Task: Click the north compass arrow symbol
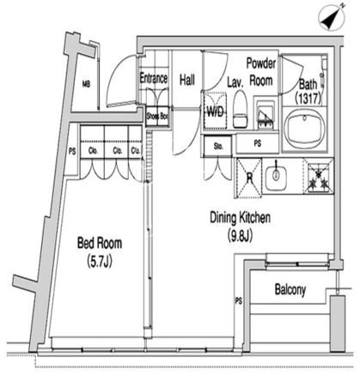(333, 17)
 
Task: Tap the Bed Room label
(100, 243)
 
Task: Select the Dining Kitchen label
(240, 218)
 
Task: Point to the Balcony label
(290, 290)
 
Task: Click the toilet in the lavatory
(240, 109)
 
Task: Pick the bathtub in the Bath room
(304, 129)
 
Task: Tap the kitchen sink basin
(276, 176)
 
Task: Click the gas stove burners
(318, 177)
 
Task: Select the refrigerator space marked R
(249, 179)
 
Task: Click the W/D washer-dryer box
(215, 111)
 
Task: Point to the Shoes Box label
(157, 116)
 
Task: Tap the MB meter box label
(86, 84)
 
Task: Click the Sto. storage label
(218, 146)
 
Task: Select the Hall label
(187, 80)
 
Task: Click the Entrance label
(154, 78)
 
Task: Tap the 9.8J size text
(240, 237)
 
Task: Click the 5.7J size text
(100, 261)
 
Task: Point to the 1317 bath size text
(308, 98)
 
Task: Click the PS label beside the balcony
(239, 301)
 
